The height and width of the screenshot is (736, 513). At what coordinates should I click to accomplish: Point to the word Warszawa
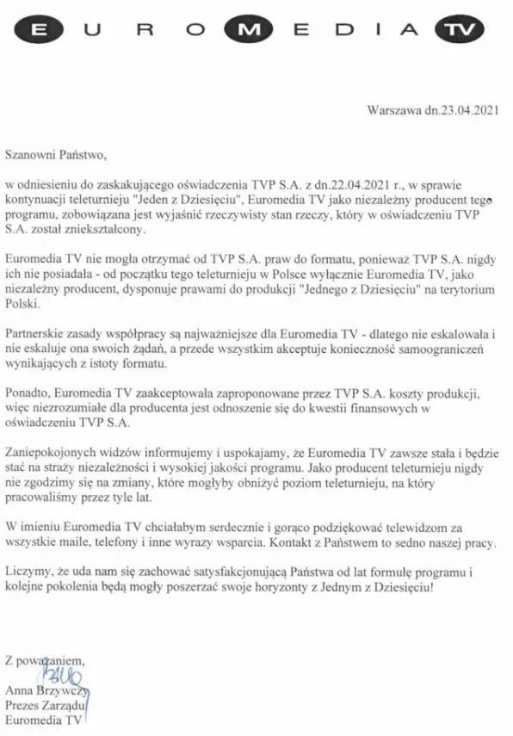point(392,111)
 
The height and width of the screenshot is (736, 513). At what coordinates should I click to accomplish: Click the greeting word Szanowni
point(34,156)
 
